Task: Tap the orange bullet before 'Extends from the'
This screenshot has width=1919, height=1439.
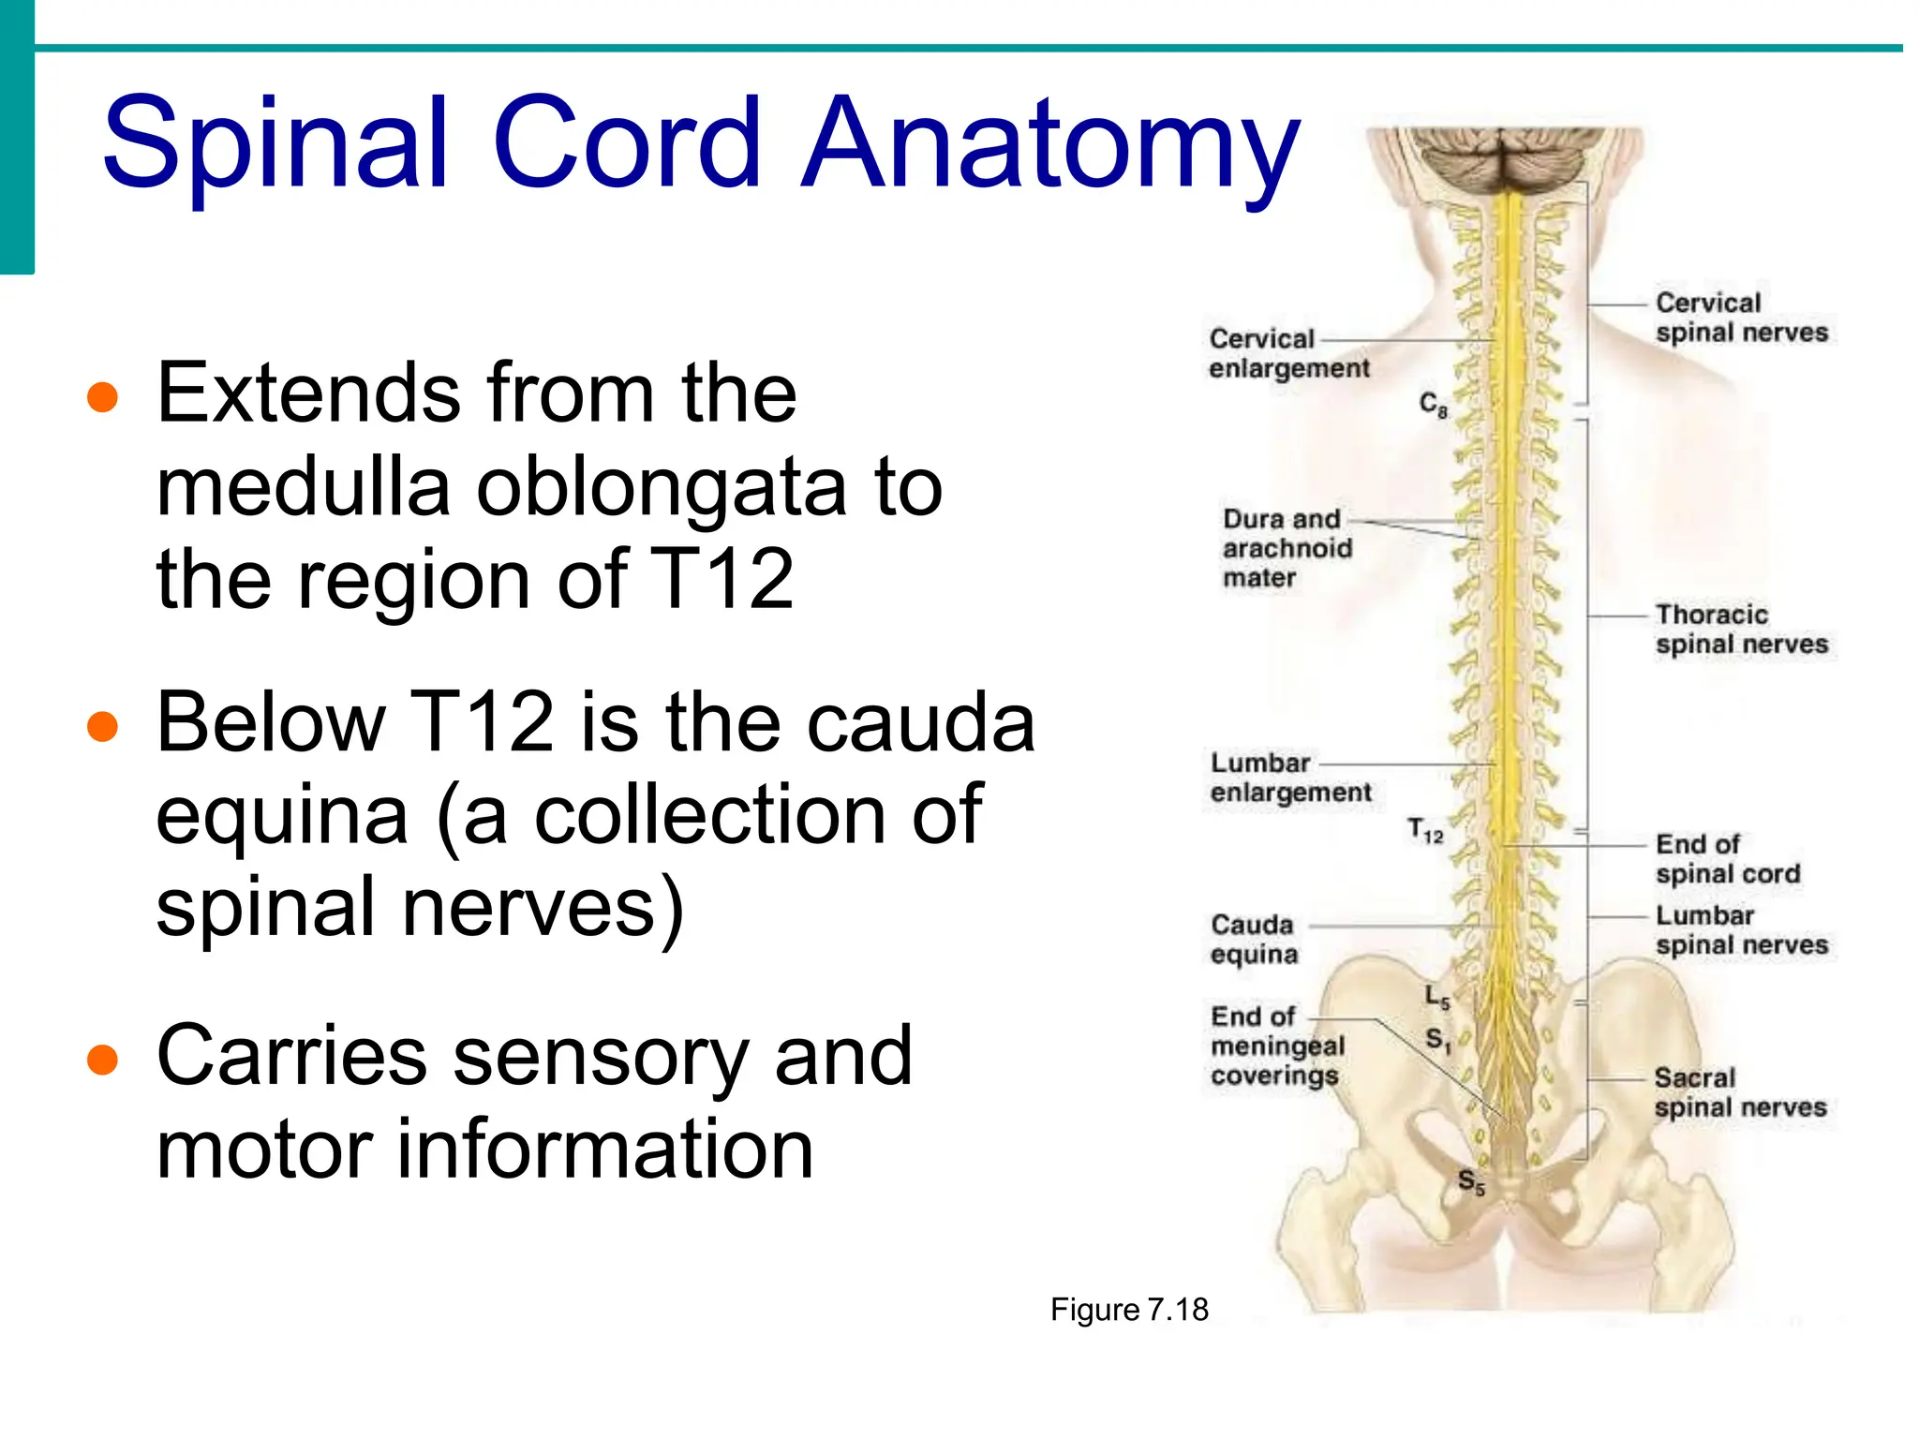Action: tap(102, 397)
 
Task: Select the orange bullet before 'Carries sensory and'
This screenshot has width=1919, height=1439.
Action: tap(102, 1060)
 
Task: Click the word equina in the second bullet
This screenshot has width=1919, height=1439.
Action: tap(281, 815)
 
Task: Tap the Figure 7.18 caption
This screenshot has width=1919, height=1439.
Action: tap(1129, 1309)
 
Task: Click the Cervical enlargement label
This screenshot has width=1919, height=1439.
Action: tap(1287, 353)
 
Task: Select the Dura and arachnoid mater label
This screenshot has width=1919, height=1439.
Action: tap(1286, 548)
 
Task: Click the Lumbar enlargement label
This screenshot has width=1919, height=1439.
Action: tap(1289, 778)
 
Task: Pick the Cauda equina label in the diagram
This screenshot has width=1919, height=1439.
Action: tap(1254, 939)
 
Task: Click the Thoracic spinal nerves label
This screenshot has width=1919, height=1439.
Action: tap(1740, 630)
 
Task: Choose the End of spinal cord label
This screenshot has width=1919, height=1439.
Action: tap(1726, 859)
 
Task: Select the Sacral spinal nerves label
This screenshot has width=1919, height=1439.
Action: tap(1739, 1092)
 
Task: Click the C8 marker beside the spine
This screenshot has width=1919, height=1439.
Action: tap(1433, 405)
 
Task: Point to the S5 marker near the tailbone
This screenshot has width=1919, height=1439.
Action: tap(1471, 1182)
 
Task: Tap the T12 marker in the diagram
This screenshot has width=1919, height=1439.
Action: tap(1425, 830)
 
